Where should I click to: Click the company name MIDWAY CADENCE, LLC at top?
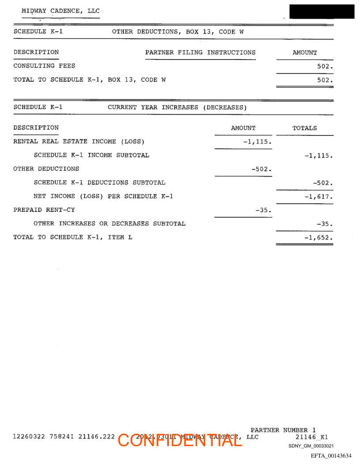(60, 11)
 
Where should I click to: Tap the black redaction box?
(322, 11)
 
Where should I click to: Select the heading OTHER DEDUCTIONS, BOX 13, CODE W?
(178, 32)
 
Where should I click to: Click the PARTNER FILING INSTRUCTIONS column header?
(200, 53)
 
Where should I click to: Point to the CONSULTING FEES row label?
(44, 66)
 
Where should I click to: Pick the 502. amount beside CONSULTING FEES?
(325, 66)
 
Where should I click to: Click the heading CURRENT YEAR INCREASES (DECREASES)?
(177, 107)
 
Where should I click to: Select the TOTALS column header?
(304, 128)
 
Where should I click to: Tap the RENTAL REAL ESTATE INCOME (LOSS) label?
(79, 142)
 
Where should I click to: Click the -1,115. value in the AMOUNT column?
(257, 142)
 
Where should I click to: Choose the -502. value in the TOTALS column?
(322, 183)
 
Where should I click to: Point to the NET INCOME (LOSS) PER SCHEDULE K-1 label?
(103, 196)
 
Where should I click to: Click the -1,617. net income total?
(319, 196)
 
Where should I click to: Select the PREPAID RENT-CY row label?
(44, 210)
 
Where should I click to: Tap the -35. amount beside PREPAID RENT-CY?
(263, 210)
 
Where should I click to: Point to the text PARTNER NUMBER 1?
(283, 430)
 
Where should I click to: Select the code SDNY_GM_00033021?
(311, 446)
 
